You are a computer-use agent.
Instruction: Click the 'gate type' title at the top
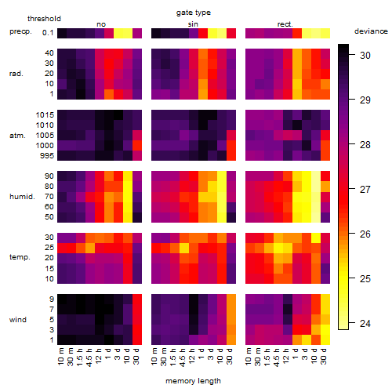click(194, 13)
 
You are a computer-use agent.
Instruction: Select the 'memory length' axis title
click(193, 381)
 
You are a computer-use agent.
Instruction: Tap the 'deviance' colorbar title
click(371, 31)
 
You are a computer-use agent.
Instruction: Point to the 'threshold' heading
click(44, 19)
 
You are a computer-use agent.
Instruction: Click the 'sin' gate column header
click(193, 24)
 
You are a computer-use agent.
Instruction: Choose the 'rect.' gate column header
click(285, 24)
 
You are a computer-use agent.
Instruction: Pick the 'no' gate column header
click(101, 24)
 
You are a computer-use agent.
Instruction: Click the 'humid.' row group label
click(22, 197)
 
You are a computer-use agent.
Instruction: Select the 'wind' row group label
click(18, 320)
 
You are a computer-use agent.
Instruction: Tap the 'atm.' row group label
click(17, 136)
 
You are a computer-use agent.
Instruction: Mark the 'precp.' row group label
click(20, 31)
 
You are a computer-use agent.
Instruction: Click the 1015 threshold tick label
click(45, 115)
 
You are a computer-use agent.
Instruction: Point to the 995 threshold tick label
click(47, 156)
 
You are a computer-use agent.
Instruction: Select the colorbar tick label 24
click(365, 324)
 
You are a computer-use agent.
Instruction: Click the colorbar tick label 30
click(365, 56)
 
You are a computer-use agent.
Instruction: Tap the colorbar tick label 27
click(365, 190)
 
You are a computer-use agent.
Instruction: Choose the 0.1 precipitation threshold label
click(48, 33)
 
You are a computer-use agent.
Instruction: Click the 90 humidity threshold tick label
click(49, 176)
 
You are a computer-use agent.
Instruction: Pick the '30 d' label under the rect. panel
click(324, 356)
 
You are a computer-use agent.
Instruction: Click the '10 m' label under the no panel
click(60, 357)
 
